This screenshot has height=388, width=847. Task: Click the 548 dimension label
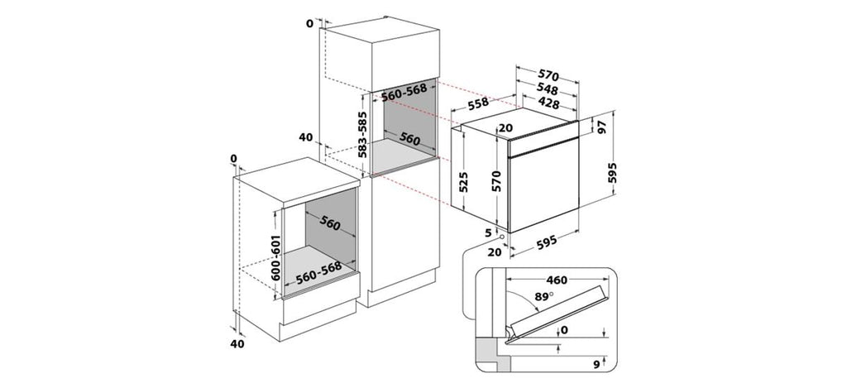(x=548, y=89)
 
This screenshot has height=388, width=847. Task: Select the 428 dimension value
(x=548, y=103)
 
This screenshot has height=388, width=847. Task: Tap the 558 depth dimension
(x=478, y=103)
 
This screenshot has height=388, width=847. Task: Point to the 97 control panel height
(x=602, y=127)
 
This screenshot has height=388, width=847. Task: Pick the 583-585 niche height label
(x=362, y=134)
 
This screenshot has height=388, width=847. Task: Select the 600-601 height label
(x=275, y=257)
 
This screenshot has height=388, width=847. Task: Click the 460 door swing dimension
(x=557, y=280)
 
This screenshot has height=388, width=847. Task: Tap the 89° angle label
(x=544, y=296)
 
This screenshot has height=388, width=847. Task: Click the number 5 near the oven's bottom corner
(x=488, y=233)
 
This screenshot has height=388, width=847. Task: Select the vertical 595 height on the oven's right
(x=612, y=173)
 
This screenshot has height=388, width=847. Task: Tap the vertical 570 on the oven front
(x=497, y=181)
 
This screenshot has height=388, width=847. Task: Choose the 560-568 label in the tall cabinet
(x=404, y=93)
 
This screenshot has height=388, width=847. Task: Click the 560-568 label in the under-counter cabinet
(x=318, y=273)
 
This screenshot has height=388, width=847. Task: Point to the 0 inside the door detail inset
(x=564, y=330)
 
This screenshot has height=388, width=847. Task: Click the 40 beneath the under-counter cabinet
(x=237, y=343)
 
